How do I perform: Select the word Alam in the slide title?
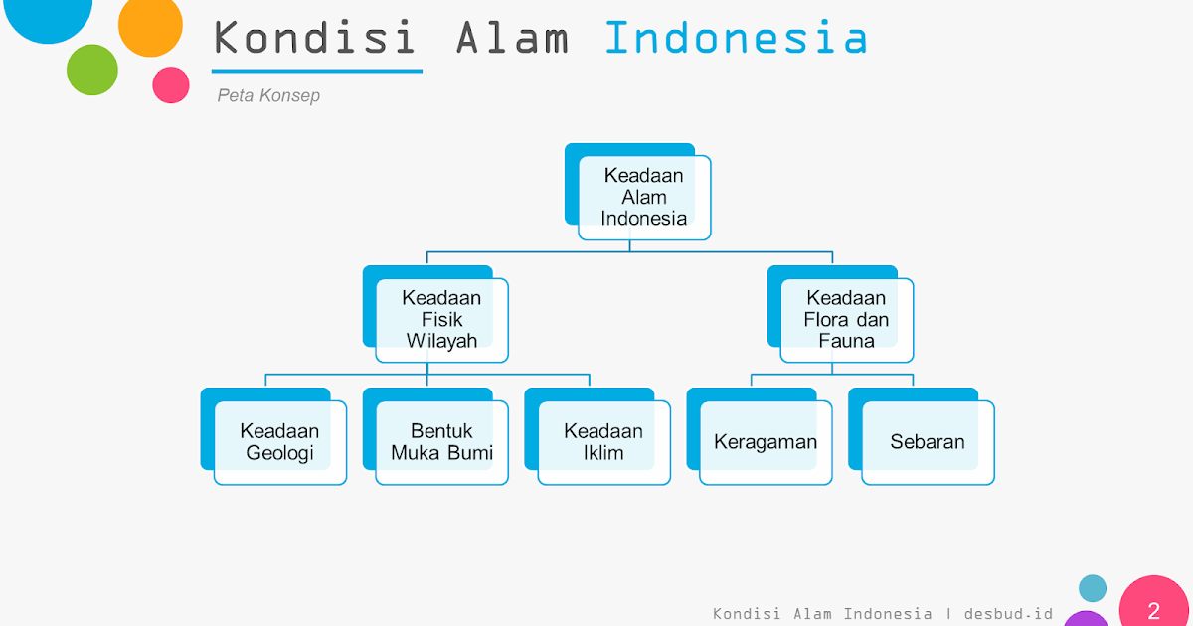(x=512, y=39)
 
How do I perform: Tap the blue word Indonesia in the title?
(x=736, y=39)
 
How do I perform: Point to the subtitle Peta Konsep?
(x=268, y=96)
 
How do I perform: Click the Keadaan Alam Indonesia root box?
(x=644, y=197)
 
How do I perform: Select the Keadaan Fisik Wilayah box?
(x=441, y=319)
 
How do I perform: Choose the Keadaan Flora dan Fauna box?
(x=846, y=319)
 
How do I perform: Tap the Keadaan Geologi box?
(x=279, y=442)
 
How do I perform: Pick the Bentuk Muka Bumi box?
(x=441, y=442)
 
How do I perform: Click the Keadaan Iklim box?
(x=603, y=442)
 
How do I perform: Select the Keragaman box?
(x=766, y=442)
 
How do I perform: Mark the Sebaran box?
(x=928, y=442)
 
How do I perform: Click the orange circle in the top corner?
(x=150, y=25)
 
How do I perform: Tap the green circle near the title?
(x=92, y=70)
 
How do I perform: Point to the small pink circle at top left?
(x=171, y=84)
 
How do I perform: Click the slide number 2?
(x=1153, y=610)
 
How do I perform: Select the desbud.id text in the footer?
(x=1008, y=613)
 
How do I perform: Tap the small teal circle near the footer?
(x=1093, y=588)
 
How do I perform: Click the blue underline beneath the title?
(x=317, y=72)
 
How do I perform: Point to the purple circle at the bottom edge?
(x=1086, y=620)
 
